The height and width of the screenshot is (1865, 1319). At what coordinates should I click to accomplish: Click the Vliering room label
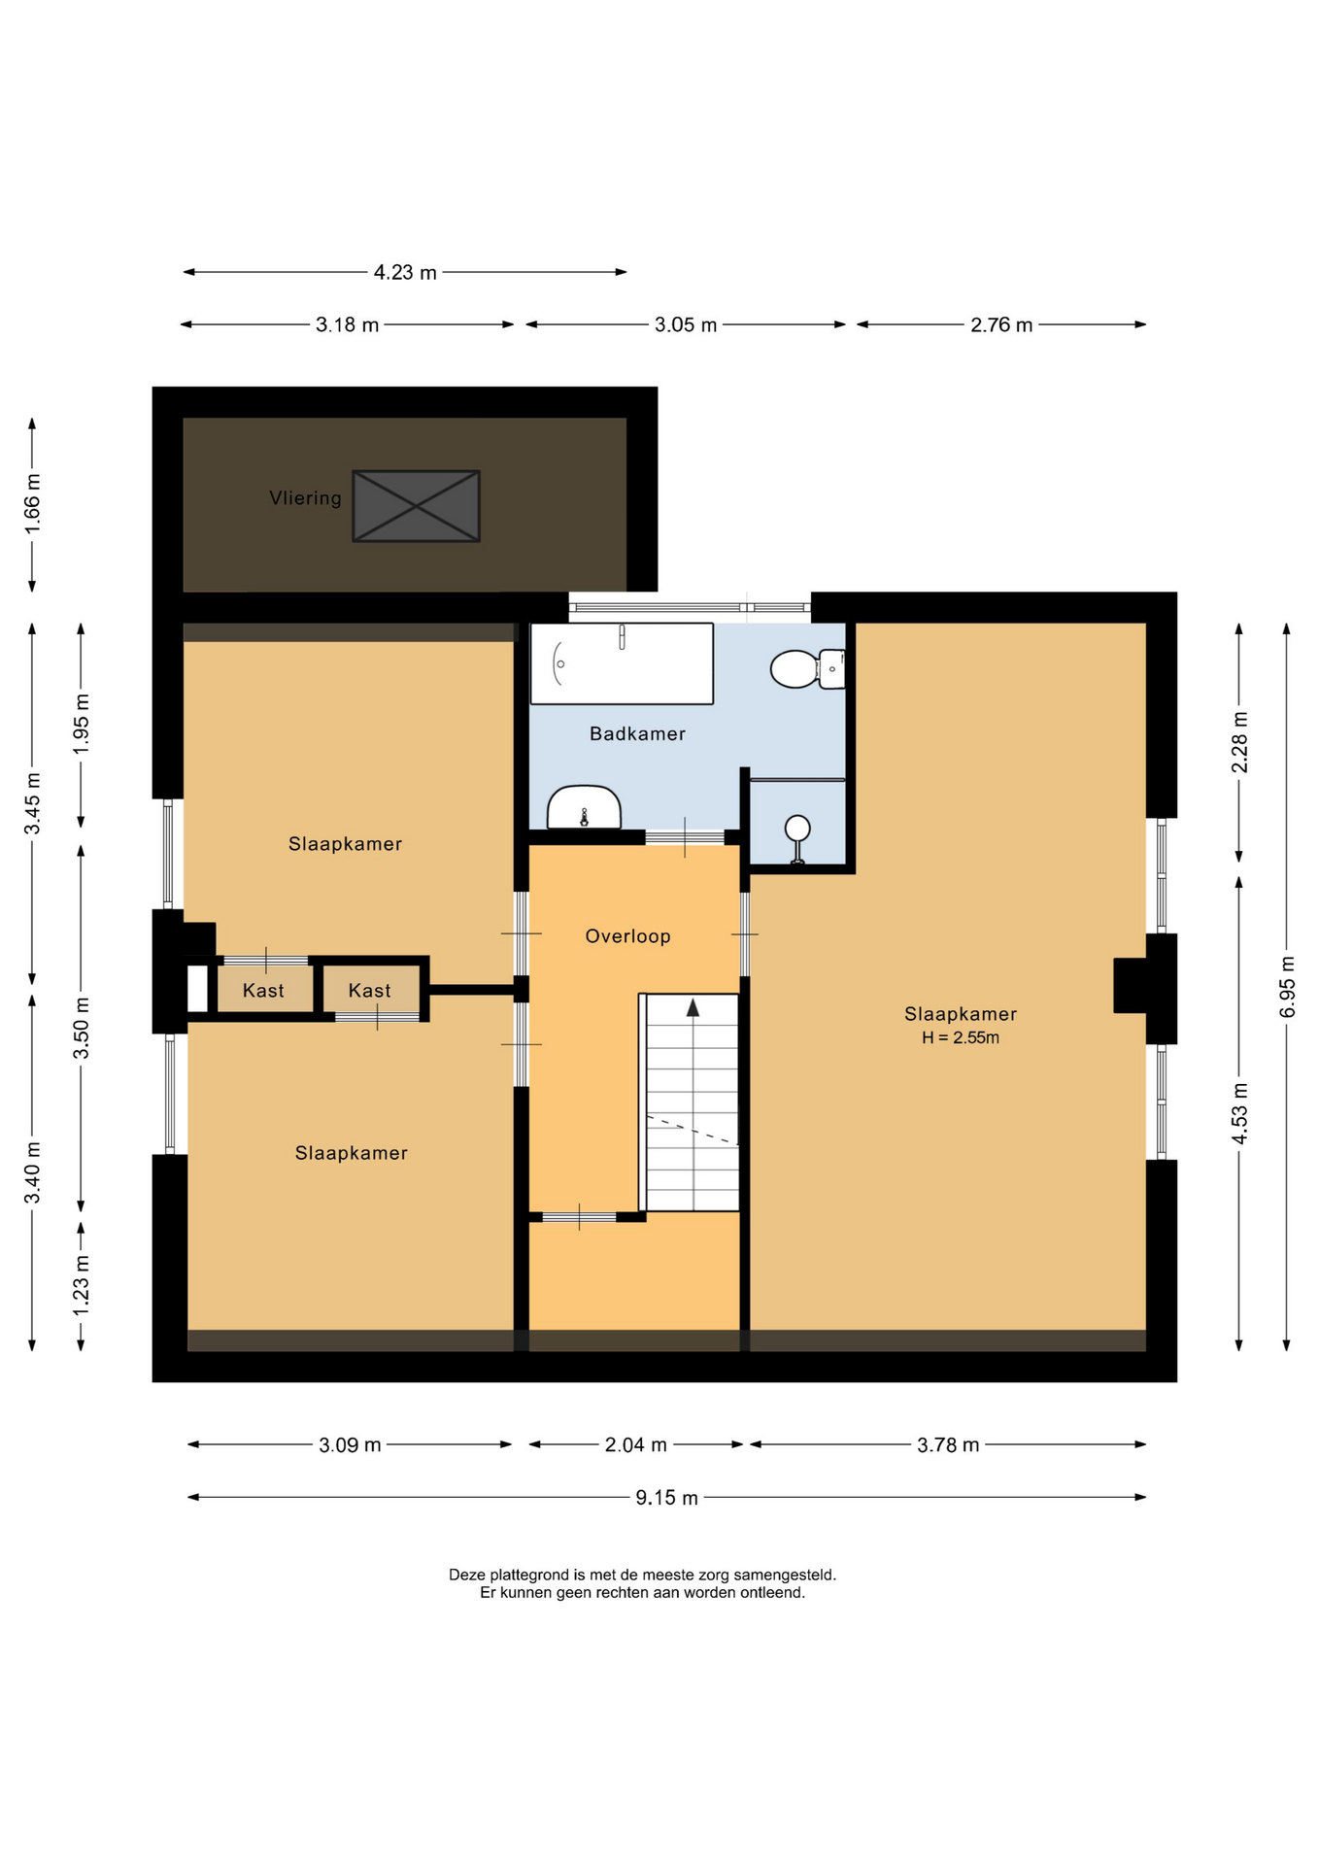tap(305, 498)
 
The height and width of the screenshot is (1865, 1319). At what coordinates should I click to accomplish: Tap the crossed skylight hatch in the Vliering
tap(416, 506)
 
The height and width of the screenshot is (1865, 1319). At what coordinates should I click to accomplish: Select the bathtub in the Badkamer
tap(622, 663)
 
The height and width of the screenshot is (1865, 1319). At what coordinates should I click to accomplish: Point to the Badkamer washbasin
tap(584, 807)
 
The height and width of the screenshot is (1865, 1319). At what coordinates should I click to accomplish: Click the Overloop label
tap(627, 936)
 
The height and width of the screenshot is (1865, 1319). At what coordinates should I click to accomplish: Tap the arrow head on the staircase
tap(693, 1007)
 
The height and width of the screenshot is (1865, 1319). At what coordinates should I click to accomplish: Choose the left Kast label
tap(263, 991)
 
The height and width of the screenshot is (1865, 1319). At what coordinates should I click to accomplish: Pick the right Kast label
tap(369, 991)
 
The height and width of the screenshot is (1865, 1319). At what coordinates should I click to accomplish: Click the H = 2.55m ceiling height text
tap(961, 1037)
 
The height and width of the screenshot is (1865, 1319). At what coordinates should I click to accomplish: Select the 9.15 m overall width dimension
tap(666, 1497)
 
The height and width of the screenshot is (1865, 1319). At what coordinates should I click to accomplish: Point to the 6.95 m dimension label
tap(1287, 987)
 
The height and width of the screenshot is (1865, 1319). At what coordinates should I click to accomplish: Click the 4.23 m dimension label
tap(405, 273)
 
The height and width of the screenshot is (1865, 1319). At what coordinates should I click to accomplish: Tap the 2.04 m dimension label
tap(636, 1444)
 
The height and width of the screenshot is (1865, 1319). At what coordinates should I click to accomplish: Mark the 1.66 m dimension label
tap(32, 503)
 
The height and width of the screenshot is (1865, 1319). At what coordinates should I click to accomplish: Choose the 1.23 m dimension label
tap(81, 1285)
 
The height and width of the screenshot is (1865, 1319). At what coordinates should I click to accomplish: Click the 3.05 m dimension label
tap(686, 324)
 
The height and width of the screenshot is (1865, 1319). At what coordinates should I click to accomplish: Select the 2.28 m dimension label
tap(1239, 742)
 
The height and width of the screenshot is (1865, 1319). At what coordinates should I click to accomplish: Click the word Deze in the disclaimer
tap(467, 1575)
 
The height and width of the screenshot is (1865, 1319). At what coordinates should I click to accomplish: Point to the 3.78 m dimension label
tap(948, 1444)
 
